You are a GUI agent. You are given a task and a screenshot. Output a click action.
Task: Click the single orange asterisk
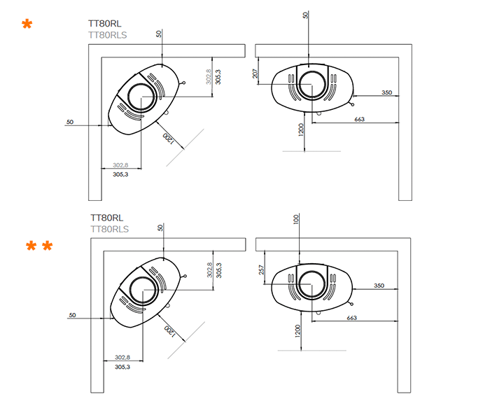click(27, 26)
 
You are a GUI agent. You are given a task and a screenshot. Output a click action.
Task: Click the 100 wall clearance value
click(296, 220)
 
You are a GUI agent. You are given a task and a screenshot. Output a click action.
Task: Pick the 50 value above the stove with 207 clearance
click(305, 15)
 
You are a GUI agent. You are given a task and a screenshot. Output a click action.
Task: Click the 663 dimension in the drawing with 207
click(360, 120)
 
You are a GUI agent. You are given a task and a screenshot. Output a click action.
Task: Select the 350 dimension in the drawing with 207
click(386, 92)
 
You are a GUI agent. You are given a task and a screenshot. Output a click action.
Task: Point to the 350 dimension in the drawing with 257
click(379, 286)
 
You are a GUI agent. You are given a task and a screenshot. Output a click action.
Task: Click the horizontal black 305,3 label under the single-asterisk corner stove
click(120, 174)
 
